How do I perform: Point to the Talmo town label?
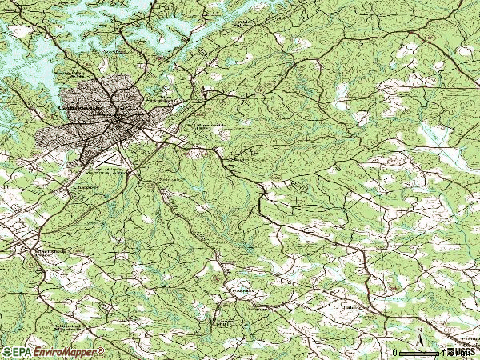coord(350,304)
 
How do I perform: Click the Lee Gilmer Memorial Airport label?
coord(110,171)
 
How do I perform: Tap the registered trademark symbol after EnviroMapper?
coord(101,350)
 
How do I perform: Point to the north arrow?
coord(418,340)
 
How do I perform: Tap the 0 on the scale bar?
coord(395,352)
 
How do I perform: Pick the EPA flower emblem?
coord(7,352)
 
